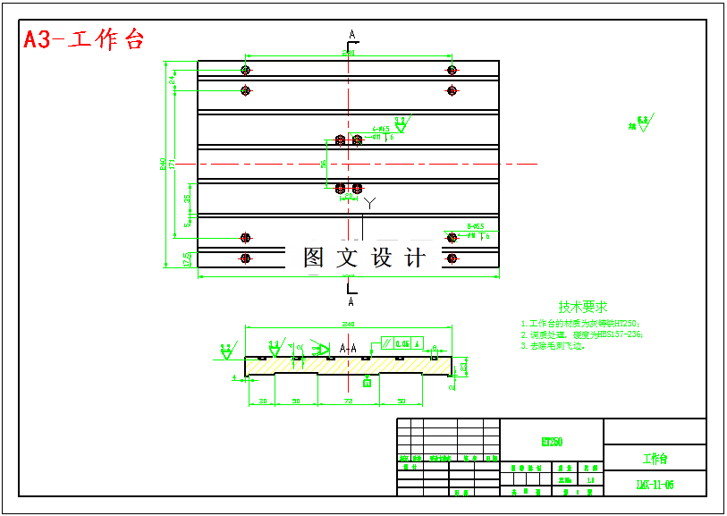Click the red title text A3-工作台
83,39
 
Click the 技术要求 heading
582,306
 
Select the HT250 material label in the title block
552,442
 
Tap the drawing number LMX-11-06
655,485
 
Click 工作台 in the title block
655,459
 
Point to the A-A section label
348,347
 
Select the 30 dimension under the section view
263,402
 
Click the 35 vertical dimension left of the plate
187,199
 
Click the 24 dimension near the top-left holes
172,80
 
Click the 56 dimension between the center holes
324,164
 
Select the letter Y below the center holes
368,203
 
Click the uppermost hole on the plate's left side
245,70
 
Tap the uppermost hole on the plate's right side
452,70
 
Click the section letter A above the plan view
352,34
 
